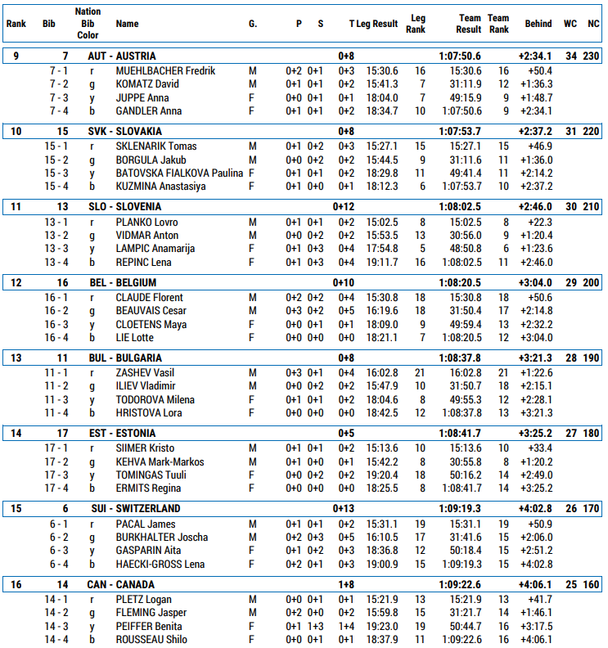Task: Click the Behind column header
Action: click(538, 25)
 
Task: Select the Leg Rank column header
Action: click(417, 25)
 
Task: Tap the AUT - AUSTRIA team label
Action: click(122, 56)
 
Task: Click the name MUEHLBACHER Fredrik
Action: click(165, 71)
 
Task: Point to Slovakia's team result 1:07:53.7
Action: click(460, 131)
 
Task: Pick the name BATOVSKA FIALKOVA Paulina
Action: click(179, 173)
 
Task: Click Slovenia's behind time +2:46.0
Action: click(535, 207)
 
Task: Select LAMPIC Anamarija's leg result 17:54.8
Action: click(382, 249)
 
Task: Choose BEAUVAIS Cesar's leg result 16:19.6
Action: click(382, 311)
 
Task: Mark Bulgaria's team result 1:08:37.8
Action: click(460, 358)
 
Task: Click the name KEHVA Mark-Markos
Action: click(160, 462)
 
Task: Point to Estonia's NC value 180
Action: click(591, 434)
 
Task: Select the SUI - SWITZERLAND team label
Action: click(136, 509)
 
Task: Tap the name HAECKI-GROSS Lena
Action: click(160, 564)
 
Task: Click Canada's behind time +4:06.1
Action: click(535, 584)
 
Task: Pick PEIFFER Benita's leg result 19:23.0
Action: click(382, 627)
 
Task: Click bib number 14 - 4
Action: click(56, 640)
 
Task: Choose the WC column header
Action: click(570, 25)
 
